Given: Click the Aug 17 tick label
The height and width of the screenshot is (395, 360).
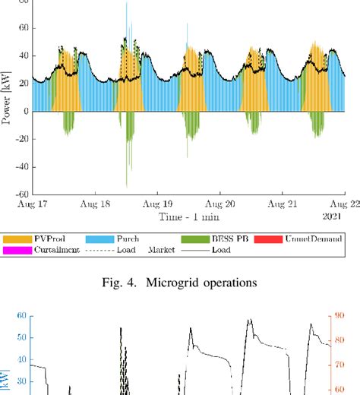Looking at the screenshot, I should point(33,204).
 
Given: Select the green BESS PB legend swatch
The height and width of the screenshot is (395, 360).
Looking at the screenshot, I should point(197,238).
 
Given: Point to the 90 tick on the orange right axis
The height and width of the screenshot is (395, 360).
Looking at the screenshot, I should point(339,316).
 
